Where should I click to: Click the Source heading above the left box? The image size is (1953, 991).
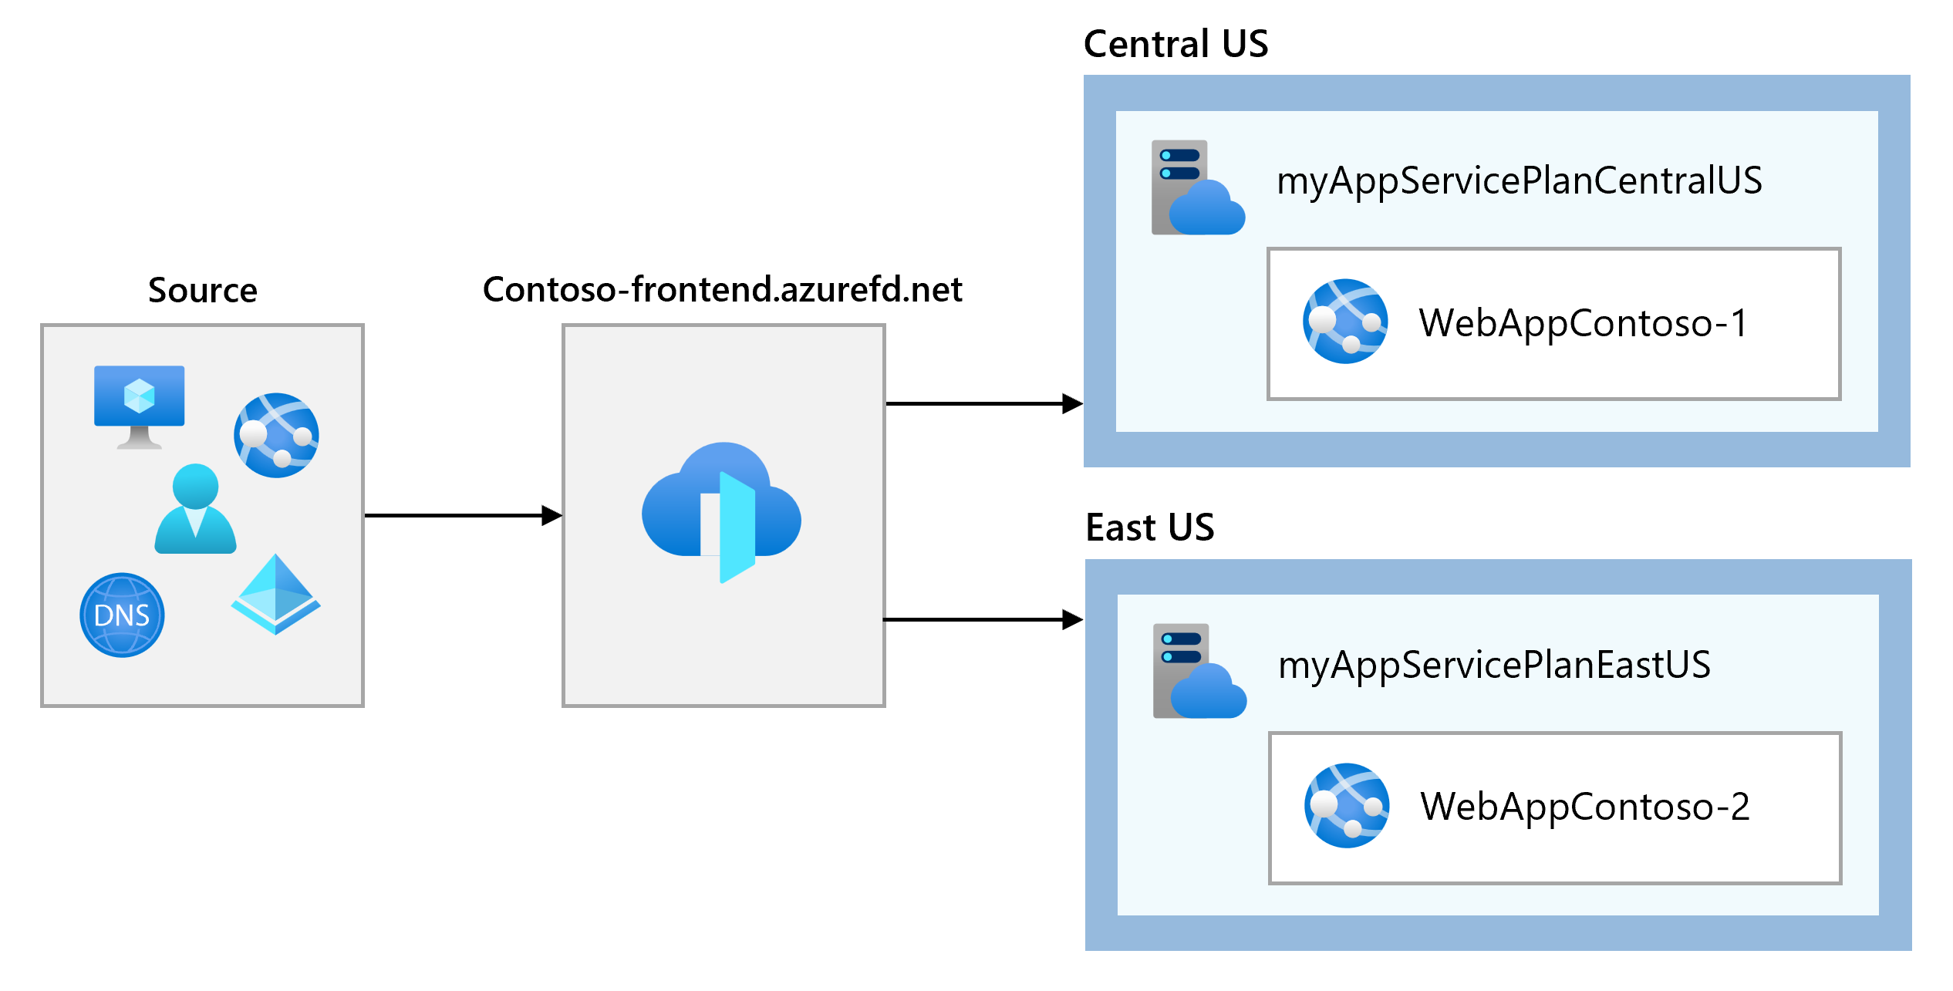point(202,291)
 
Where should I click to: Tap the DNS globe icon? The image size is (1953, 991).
point(122,615)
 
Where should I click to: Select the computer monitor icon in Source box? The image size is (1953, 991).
point(139,405)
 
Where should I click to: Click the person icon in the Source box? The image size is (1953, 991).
point(195,509)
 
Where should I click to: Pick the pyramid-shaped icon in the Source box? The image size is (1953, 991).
point(275,595)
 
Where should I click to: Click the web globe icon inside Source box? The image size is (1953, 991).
point(276,435)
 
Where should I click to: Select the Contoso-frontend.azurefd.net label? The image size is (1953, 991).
point(722,290)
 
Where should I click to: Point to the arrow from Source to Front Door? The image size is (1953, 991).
point(463,515)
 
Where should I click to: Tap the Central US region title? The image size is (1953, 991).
point(1176,44)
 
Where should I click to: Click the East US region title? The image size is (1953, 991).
point(1149,528)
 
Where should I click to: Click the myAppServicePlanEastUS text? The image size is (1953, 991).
point(1494,666)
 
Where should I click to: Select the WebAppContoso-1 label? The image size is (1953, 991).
point(1583,323)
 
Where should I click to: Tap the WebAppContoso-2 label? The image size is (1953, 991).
point(1585,807)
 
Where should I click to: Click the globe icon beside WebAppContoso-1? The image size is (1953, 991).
point(1345,321)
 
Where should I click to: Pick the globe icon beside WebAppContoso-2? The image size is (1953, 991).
point(1347,805)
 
